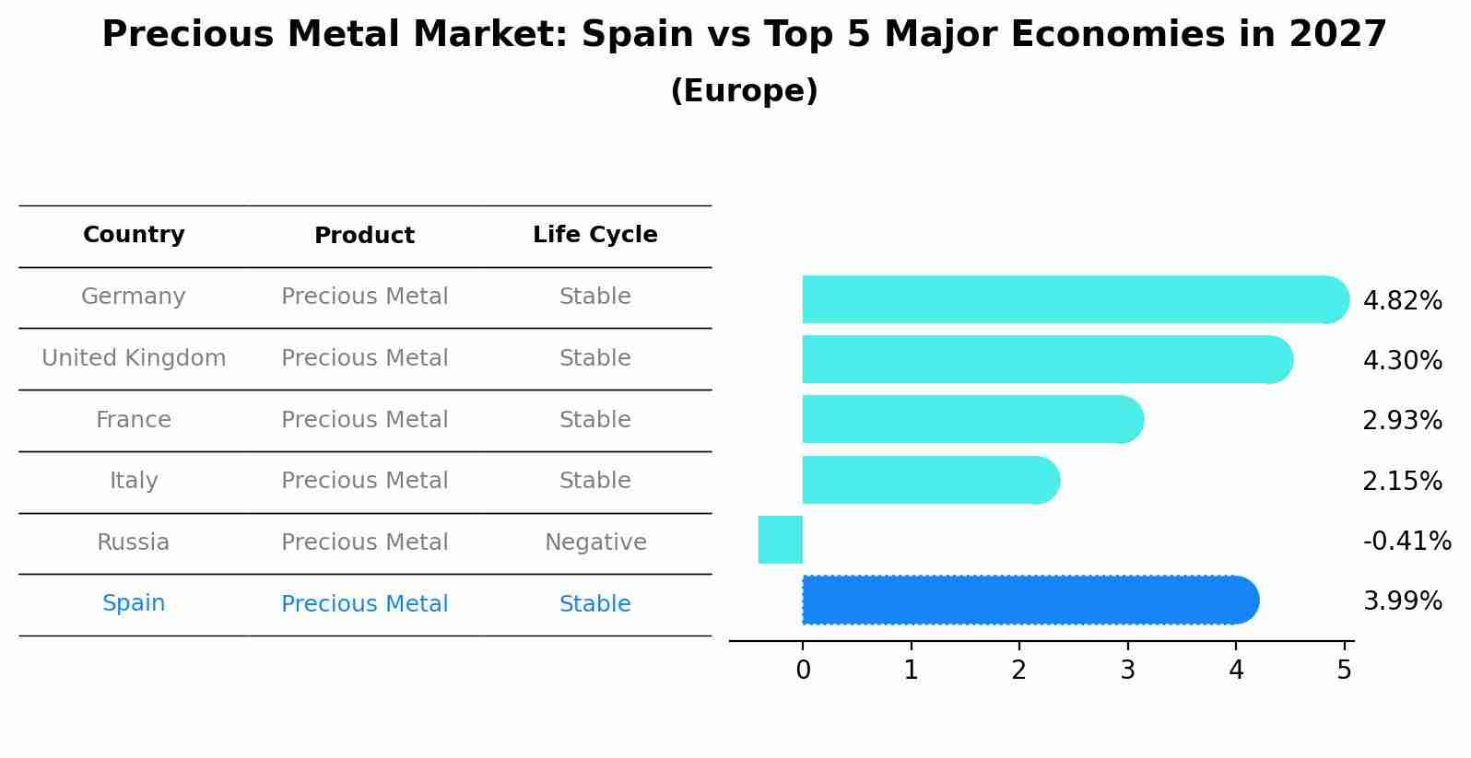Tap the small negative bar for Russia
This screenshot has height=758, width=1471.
coord(781,540)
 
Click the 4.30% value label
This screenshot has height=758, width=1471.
coord(1402,360)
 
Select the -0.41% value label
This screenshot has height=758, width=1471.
coord(1406,541)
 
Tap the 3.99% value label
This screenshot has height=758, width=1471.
coord(1402,601)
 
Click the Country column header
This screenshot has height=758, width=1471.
coord(134,235)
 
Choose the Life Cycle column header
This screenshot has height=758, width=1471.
coord(594,235)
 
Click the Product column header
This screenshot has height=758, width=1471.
coord(364,236)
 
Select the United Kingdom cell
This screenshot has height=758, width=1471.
coord(134,358)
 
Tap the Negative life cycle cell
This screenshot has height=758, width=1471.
coord(595,542)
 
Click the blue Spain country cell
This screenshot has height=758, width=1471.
coord(134,603)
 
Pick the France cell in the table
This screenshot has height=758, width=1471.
coord(134,420)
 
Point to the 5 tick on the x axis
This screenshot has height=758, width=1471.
coord(1344,670)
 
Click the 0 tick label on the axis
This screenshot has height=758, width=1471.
coord(803,670)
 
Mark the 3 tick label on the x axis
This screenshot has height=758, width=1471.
coord(1127,670)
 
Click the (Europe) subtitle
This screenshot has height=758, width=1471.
coord(744,91)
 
